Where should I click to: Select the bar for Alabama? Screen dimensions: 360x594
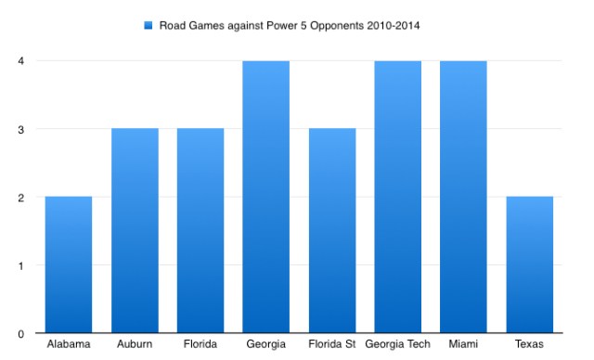click(69, 264)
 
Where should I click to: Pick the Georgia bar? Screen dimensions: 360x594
click(265, 197)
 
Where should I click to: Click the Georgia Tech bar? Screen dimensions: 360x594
click(397, 197)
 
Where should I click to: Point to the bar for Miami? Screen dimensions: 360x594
click(462, 197)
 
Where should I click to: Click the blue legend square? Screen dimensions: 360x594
click(147, 25)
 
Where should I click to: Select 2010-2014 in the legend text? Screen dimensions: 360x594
click(394, 25)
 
